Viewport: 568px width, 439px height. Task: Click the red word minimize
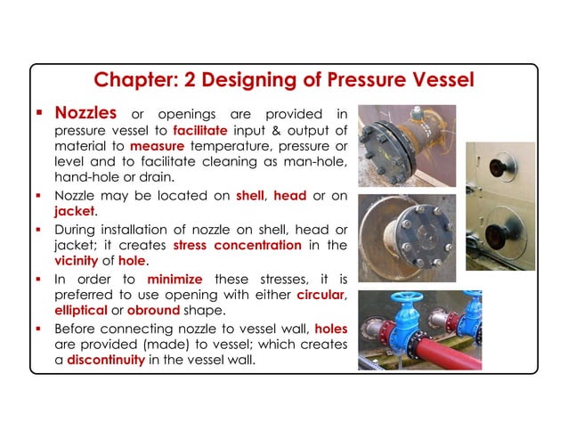tap(174, 276)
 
